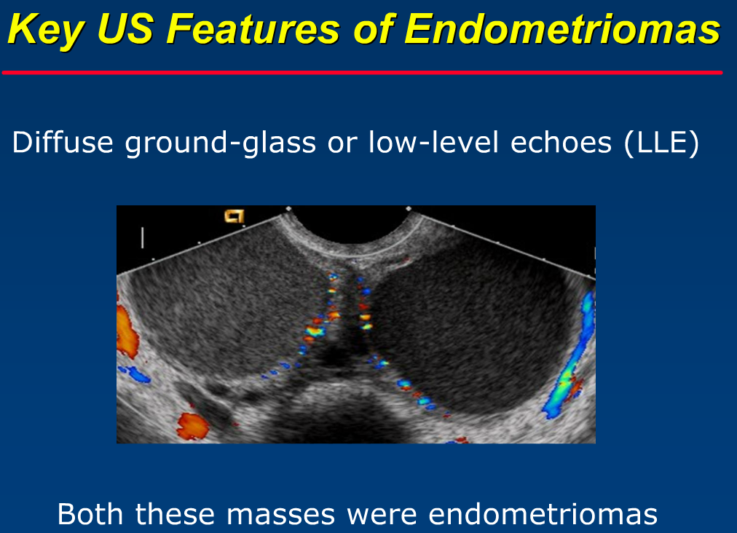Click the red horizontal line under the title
[362, 72]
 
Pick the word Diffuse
[63, 143]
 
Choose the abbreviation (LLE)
[662, 143]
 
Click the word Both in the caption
[92, 514]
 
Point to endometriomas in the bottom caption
[543, 514]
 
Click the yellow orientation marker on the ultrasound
[234, 216]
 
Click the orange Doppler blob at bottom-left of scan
[192, 425]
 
